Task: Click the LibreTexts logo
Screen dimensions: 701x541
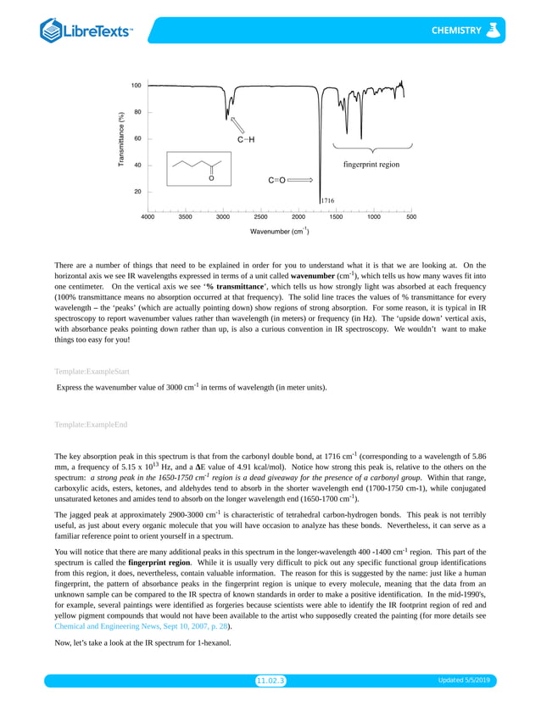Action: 86,31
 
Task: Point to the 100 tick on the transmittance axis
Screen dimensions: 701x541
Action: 136,86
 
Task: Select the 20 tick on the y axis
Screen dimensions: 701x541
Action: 137,192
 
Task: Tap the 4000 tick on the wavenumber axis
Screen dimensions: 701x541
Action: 148,216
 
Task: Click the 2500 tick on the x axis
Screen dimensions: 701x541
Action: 260,216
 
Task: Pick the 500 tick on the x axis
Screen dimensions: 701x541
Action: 411,216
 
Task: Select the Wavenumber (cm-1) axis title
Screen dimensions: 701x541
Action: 279,231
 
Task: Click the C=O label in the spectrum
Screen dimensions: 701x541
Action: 277,181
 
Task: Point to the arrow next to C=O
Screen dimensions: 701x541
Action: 302,181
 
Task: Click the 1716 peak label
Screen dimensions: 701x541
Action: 327,201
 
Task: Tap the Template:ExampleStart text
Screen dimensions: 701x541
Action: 92,372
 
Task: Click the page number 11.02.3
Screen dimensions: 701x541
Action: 270,681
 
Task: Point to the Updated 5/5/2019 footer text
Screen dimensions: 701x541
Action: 467,681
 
